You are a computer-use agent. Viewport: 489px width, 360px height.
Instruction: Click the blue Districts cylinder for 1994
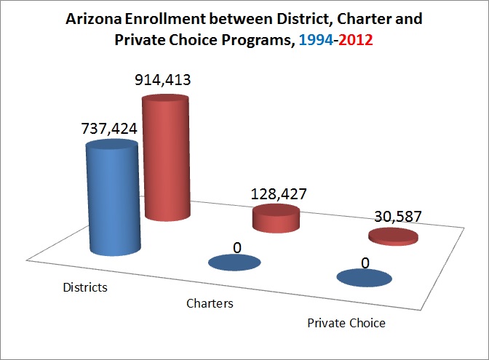click(x=114, y=196)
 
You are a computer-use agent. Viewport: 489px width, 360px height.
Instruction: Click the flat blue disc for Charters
click(x=234, y=263)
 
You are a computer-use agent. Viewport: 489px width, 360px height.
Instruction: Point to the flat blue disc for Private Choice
click(x=365, y=278)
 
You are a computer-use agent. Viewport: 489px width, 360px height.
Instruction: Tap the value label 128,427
click(x=278, y=195)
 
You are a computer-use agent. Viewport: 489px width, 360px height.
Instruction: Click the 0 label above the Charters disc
click(x=237, y=247)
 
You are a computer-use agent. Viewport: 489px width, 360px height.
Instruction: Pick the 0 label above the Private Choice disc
click(x=366, y=262)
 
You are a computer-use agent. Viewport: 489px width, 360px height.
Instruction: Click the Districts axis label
click(x=84, y=287)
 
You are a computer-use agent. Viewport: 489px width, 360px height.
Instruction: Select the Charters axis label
click(x=209, y=303)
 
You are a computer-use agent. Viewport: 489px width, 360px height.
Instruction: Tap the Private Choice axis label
click(x=346, y=322)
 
